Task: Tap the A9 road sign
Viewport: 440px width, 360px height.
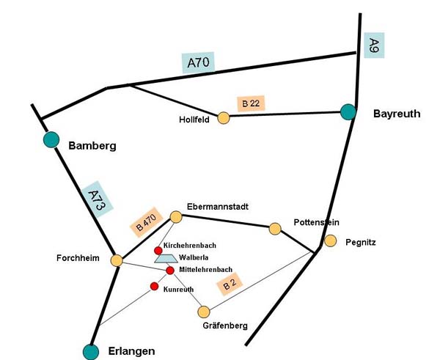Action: [x=374, y=45]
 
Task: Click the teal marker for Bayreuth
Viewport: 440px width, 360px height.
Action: [x=348, y=112]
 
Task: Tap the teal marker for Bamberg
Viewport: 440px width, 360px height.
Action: [x=51, y=139]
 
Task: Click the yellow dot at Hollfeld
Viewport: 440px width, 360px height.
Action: [x=224, y=117]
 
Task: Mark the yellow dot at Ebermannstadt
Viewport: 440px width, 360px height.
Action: [x=176, y=216]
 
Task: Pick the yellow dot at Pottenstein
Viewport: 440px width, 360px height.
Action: [x=275, y=229]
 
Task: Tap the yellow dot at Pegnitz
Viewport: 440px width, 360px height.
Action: [x=331, y=240]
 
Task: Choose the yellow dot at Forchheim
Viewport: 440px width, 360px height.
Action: [x=117, y=260]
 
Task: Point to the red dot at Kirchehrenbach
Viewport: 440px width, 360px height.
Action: [x=158, y=250]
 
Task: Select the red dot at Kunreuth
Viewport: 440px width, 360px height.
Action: [x=154, y=286]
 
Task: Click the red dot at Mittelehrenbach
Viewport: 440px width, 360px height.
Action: [x=170, y=271]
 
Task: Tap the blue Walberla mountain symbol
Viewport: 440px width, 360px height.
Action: [x=165, y=258]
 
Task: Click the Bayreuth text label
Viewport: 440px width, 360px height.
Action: [x=397, y=114]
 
